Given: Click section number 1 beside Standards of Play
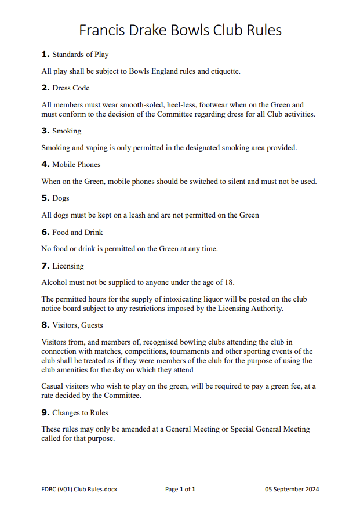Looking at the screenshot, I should click(x=45, y=55).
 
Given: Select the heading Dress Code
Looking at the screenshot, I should click(x=71, y=88).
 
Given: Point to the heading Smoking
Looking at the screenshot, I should click(x=67, y=131).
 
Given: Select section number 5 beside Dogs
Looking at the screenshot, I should click(x=45, y=198).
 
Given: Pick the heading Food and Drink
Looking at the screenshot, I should click(x=78, y=232).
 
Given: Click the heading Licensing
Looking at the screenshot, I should click(x=68, y=266).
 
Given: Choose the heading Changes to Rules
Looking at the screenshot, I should click(x=80, y=413).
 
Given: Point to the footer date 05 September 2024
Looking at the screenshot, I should click(x=292, y=490).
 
